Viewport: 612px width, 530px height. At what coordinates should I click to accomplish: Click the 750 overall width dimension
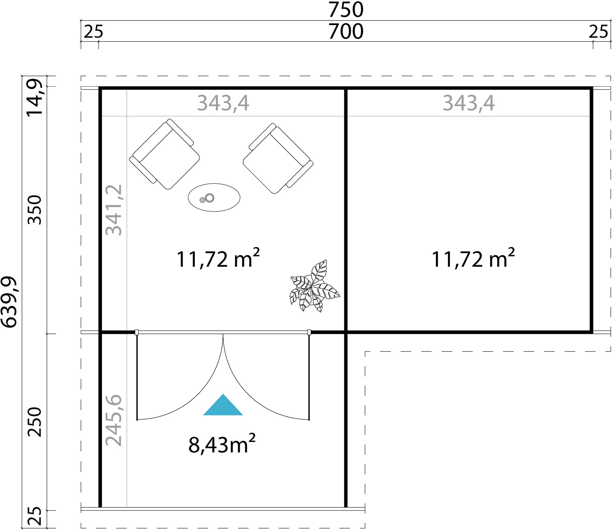346,10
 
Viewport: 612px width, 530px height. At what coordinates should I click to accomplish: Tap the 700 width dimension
346,32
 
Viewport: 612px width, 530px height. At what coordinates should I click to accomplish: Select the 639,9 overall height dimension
9,302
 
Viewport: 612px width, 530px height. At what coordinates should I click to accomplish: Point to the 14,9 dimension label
34,98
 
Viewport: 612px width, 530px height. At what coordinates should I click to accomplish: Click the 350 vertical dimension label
34,210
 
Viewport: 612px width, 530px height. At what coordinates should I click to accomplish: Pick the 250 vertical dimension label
34,422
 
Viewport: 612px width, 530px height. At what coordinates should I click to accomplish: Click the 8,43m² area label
222,444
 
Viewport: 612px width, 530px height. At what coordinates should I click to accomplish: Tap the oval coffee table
214,197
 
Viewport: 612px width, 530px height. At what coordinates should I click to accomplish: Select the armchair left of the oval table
165,154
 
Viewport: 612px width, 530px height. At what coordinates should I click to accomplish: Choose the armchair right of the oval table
278,158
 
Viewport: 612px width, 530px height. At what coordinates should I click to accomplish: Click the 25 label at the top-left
93,32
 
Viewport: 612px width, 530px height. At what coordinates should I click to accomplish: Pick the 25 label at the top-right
599,32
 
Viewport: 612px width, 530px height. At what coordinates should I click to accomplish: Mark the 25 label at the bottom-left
34,516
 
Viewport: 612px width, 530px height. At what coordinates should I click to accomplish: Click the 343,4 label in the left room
223,103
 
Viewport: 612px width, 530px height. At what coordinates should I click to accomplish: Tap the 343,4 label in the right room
468,103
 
